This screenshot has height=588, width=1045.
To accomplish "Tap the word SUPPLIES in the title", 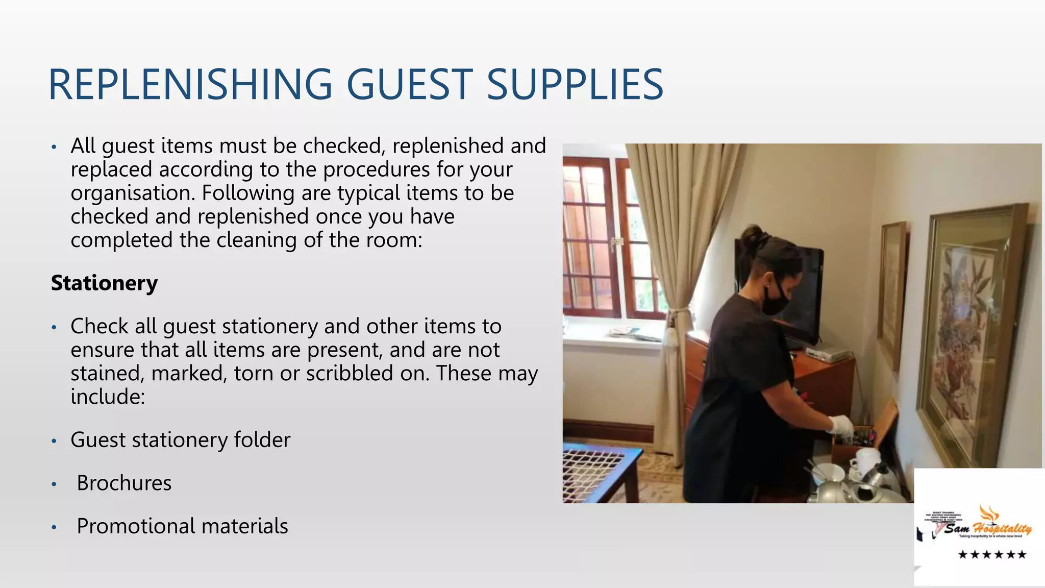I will pos(575,85).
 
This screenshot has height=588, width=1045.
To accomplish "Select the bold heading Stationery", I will pos(104,283).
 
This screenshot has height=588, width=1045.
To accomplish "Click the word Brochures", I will pos(124,483).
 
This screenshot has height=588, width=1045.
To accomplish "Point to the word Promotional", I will pos(136,526).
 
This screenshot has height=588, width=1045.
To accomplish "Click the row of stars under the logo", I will pos(992,555).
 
